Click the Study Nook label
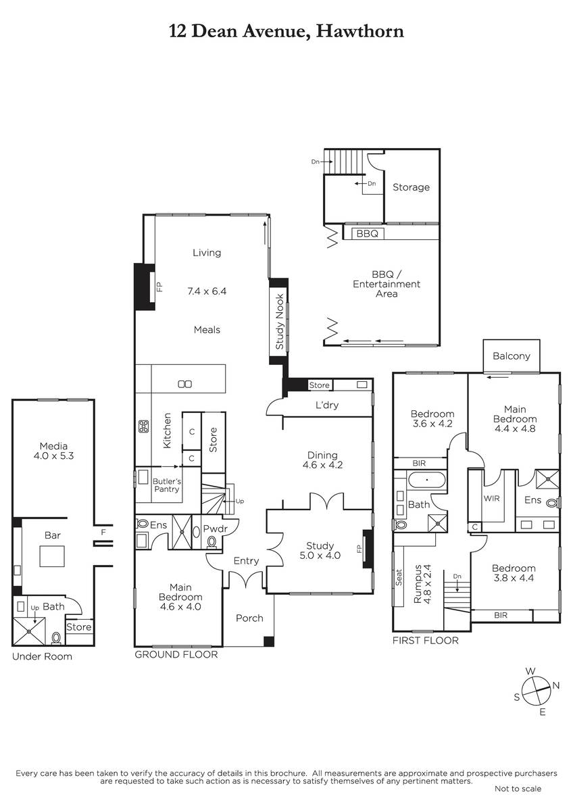(280, 321)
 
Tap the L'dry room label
(327, 405)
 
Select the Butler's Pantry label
(166, 485)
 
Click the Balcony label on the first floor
(511, 356)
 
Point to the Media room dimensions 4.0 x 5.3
(53, 456)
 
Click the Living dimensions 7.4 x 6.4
(207, 291)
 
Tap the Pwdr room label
(215, 529)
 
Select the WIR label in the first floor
(491, 498)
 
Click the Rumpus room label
(418, 584)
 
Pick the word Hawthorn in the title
(360, 31)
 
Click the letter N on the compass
(556, 685)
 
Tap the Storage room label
(412, 187)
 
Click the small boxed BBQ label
(368, 234)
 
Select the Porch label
(249, 618)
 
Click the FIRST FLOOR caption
(425, 641)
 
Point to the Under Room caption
(42, 656)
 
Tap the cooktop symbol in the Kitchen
(143, 426)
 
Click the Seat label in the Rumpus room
(399, 577)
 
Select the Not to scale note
(518, 789)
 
